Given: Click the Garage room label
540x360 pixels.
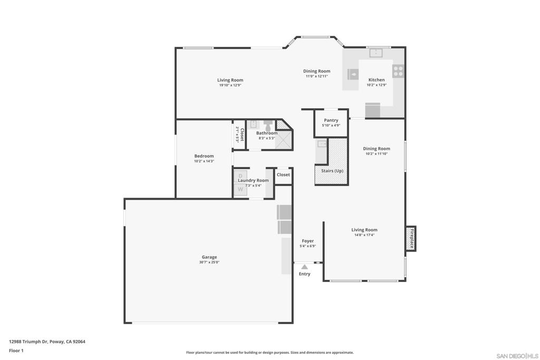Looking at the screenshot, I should (x=209, y=257).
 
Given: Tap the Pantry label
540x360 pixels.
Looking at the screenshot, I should (x=331, y=120).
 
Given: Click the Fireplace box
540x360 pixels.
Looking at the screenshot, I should (x=410, y=239).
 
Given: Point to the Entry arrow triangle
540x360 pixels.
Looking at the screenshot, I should (x=304, y=267).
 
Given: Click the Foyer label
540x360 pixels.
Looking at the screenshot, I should (x=307, y=241).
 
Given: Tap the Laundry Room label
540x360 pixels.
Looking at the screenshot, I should (x=253, y=180).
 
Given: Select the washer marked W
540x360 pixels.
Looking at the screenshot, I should (x=240, y=189).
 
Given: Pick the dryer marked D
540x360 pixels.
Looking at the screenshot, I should (x=240, y=176).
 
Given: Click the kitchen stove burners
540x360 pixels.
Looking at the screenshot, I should (x=398, y=71).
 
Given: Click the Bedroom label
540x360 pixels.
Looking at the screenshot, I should (x=204, y=156).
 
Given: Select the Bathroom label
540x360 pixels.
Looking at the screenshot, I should (x=267, y=133).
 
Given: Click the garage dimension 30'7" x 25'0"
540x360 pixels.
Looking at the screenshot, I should (x=209, y=262).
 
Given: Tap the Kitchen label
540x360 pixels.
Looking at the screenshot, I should (x=377, y=80).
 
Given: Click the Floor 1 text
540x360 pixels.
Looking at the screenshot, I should (x=16, y=351).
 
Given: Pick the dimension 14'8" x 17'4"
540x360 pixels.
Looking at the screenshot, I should (x=364, y=235).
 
